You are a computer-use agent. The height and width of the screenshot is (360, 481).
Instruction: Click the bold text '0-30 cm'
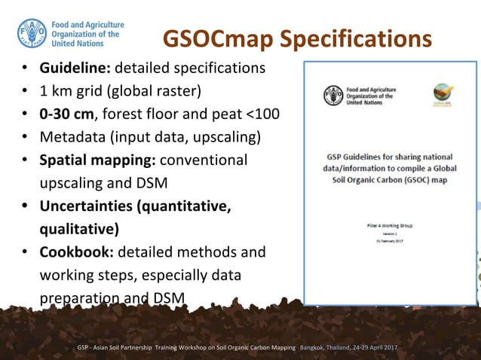66,114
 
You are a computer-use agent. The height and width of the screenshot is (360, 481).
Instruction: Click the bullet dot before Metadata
25,137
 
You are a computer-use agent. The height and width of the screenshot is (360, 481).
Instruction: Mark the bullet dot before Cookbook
25,252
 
